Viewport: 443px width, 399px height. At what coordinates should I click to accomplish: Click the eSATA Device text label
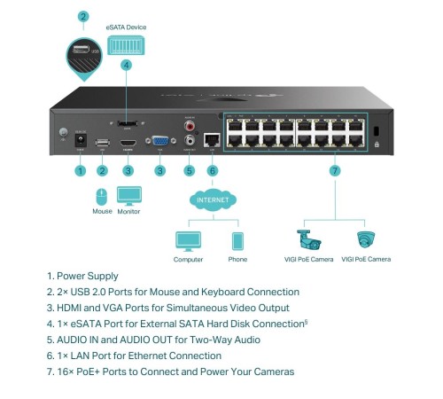[126, 27]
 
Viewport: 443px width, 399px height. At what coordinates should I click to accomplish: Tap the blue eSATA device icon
[126, 44]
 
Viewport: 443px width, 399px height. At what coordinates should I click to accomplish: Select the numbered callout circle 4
[126, 65]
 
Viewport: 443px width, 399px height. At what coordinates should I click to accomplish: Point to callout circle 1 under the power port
[80, 169]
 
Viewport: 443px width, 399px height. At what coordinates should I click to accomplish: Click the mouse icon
[102, 195]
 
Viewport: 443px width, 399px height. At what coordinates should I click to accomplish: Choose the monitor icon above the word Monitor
[128, 195]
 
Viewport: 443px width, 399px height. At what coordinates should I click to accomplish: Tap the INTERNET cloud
[213, 201]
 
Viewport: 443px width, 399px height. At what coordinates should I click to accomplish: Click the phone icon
[237, 240]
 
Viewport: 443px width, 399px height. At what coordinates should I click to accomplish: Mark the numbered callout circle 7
[334, 169]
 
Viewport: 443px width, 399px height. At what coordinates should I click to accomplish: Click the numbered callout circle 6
[212, 169]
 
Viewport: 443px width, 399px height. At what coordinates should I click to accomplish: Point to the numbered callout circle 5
[188, 169]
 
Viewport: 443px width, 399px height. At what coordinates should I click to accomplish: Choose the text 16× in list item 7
[67, 372]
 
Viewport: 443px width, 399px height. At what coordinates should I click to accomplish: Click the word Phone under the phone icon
[237, 260]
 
